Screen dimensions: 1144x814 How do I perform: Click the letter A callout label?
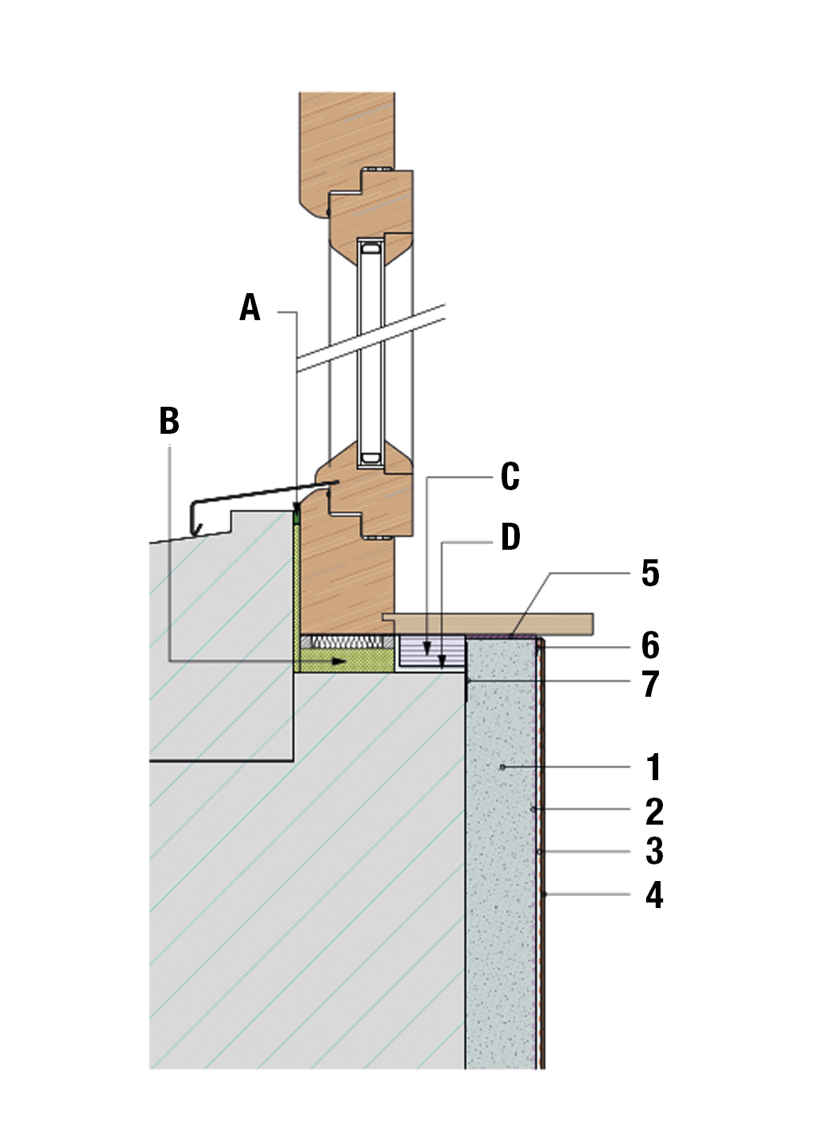tap(250, 307)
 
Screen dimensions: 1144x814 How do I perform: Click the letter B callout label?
tap(169, 421)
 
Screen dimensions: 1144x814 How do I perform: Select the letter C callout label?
tap(510, 477)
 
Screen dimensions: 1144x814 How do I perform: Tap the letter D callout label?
tap(510, 537)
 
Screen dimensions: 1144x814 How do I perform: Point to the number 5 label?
tap(650, 574)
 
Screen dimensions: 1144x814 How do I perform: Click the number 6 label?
tap(650, 646)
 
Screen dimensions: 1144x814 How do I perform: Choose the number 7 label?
tap(650, 684)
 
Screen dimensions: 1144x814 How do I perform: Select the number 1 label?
tap(653, 767)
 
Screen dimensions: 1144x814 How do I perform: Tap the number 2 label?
tap(653, 811)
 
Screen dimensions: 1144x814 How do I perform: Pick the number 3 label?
tap(653, 852)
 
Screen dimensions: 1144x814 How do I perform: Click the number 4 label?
tap(653, 895)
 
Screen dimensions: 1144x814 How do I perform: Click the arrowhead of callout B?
tap(342, 661)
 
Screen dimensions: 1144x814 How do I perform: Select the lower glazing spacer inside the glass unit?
tap(370, 458)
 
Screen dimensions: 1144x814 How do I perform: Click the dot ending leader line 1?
tap(502, 767)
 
